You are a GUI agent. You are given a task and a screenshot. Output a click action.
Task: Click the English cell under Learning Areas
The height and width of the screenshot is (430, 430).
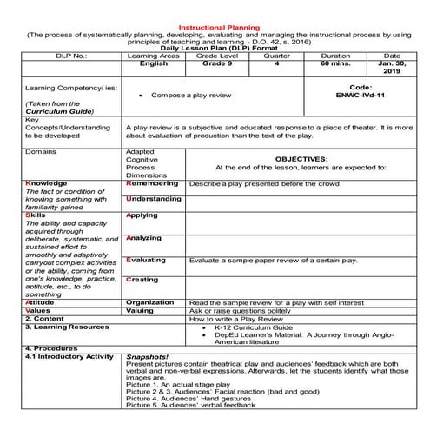point(153,63)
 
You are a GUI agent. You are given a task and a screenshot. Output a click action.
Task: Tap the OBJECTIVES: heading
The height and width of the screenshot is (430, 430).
point(301,159)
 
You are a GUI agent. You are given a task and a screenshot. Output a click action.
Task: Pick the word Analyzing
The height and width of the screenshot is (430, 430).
point(143,238)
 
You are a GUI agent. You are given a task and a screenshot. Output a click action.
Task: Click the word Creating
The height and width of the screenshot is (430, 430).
point(142,280)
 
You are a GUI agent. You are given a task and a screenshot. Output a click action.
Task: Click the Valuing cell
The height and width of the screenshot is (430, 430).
point(139,311)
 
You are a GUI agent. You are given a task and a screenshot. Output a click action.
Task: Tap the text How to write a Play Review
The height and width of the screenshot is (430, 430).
point(232,320)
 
